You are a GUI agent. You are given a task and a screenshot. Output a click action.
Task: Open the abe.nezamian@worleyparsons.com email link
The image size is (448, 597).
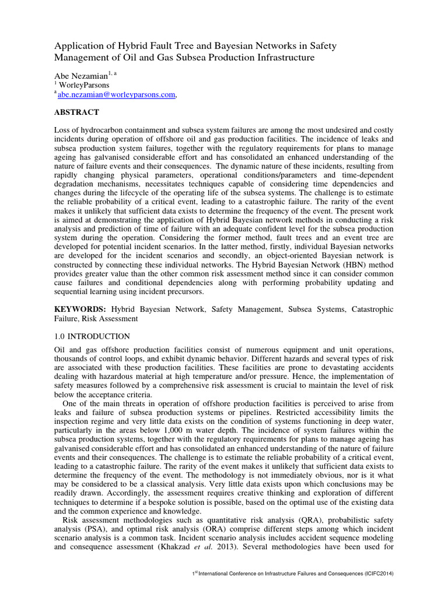[x=117, y=94]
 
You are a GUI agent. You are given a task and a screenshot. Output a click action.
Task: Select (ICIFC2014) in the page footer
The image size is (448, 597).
[x=374, y=574]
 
